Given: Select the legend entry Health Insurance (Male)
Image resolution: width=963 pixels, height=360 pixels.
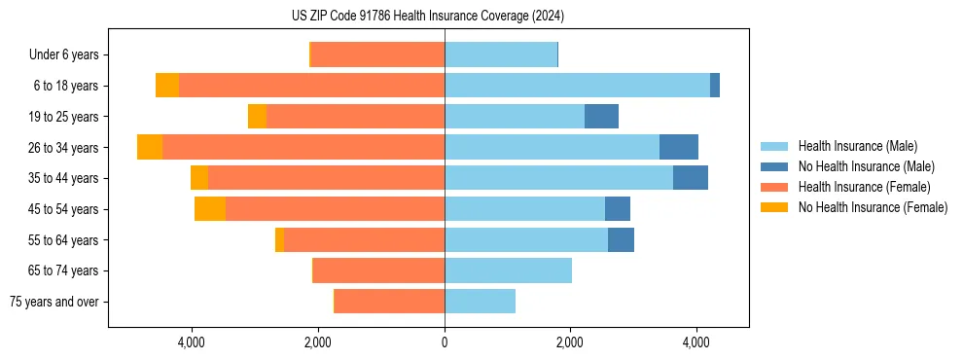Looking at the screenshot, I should click(x=857, y=146).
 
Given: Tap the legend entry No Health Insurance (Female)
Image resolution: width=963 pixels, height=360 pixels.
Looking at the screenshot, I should click(x=873, y=207).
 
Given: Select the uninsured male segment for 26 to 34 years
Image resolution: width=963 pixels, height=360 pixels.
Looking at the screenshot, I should click(x=679, y=147).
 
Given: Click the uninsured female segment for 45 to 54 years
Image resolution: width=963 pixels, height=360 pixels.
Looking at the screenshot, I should click(x=210, y=208).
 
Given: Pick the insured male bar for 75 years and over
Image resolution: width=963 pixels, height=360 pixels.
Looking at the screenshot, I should click(x=480, y=302).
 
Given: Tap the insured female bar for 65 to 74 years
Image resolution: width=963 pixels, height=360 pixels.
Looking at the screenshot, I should click(x=378, y=270).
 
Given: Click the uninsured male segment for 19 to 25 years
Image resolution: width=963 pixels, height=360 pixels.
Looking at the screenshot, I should click(x=601, y=117).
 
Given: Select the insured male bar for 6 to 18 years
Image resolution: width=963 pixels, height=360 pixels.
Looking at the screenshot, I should click(x=577, y=86).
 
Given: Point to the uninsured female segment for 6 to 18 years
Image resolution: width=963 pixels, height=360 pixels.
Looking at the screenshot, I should click(x=167, y=86).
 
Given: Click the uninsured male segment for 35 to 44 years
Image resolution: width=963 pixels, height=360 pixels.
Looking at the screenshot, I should click(x=690, y=178).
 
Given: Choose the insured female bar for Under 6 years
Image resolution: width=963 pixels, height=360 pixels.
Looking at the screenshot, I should click(x=377, y=54).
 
